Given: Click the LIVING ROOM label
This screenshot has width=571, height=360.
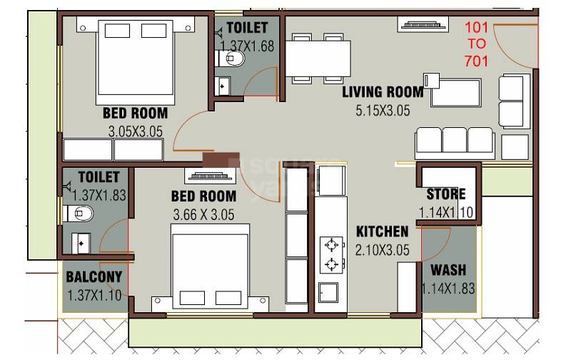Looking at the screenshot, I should click(x=383, y=92).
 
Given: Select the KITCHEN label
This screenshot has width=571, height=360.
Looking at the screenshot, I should click(x=383, y=231).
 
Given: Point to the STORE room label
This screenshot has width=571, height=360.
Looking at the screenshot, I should click(x=446, y=194).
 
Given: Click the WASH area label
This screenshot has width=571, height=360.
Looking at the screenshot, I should click(x=448, y=271).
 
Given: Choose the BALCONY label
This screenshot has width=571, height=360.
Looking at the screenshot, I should click(x=94, y=277).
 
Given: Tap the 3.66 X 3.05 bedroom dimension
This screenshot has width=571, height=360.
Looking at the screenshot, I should click(x=203, y=214).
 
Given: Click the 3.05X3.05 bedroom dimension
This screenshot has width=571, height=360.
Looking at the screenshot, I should click(x=136, y=131).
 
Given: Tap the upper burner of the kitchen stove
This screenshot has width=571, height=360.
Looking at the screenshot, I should click(x=331, y=246).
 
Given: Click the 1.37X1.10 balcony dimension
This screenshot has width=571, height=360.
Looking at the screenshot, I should click(x=94, y=294).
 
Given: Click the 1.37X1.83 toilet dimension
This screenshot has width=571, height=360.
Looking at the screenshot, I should click(x=99, y=192).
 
